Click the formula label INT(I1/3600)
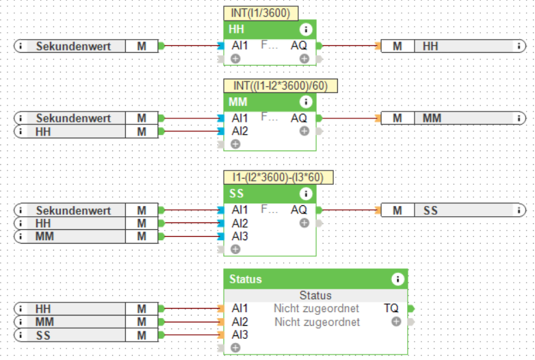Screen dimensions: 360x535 click(260, 13)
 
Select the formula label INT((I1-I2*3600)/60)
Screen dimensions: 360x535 click(280, 86)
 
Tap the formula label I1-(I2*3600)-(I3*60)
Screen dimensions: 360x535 click(278, 177)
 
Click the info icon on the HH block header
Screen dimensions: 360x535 click(306, 29)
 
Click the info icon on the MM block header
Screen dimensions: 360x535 click(306, 102)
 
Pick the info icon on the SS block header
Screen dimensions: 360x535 click(306, 194)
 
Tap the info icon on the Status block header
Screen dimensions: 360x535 click(397, 279)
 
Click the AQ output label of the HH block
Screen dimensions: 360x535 click(299, 46)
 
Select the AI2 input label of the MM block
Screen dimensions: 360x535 click(240, 131)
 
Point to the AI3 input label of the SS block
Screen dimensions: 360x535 click(240, 236)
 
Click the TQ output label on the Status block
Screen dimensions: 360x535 click(391, 309)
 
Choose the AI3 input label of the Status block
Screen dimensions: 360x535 click(240, 335)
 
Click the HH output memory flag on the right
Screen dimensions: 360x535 click(448, 46)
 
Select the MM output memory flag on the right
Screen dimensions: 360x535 click(448, 118)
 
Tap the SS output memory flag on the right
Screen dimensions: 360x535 click(448, 210)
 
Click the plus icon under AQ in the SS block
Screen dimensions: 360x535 click(304, 223)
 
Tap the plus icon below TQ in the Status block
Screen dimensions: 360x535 click(396, 321)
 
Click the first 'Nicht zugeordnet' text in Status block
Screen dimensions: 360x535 click(317, 309)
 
